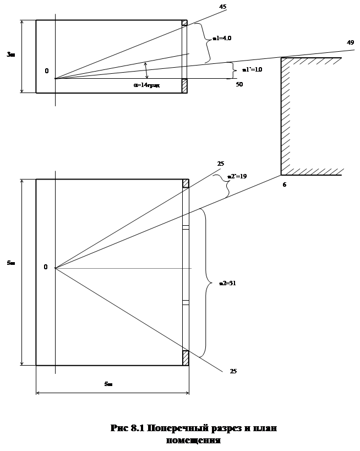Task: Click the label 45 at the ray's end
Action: (x=223, y=7)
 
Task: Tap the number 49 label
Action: (x=350, y=42)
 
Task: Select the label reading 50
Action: (x=239, y=84)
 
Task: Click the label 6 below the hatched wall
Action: (x=285, y=185)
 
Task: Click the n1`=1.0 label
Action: (x=251, y=70)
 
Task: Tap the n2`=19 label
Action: (x=236, y=177)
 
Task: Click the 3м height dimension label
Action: (x=10, y=54)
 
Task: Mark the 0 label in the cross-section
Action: (x=47, y=70)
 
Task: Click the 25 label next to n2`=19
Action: (x=220, y=164)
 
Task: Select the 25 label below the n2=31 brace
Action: (x=233, y=372)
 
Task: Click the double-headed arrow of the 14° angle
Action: (x=146, y=70)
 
